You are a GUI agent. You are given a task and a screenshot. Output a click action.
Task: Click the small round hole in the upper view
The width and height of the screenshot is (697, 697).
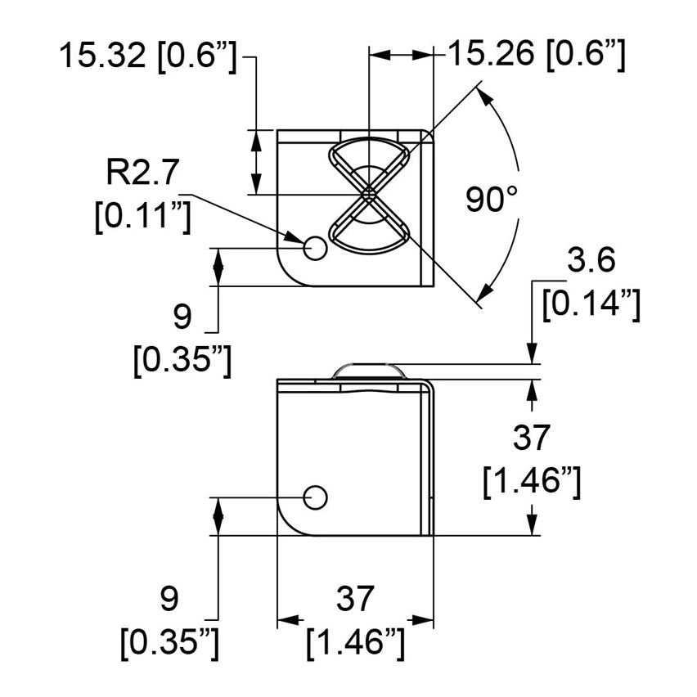pos(314,247)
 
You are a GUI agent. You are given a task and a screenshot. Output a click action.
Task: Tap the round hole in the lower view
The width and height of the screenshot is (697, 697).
pos(315,496)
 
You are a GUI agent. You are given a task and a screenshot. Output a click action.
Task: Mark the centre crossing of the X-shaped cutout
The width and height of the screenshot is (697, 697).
pos(370,194)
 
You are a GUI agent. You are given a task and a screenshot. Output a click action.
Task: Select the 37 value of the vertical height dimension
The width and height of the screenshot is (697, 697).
pos(533,438)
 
